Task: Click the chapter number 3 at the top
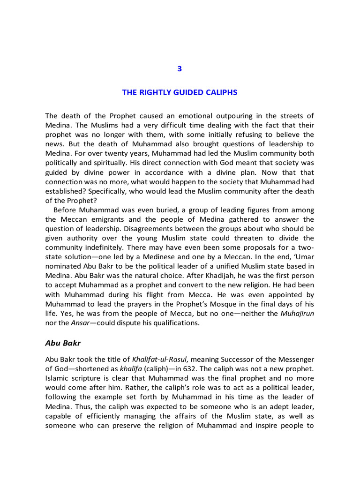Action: (x=180, y=69)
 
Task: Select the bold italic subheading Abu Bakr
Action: (x=63, y=343)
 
